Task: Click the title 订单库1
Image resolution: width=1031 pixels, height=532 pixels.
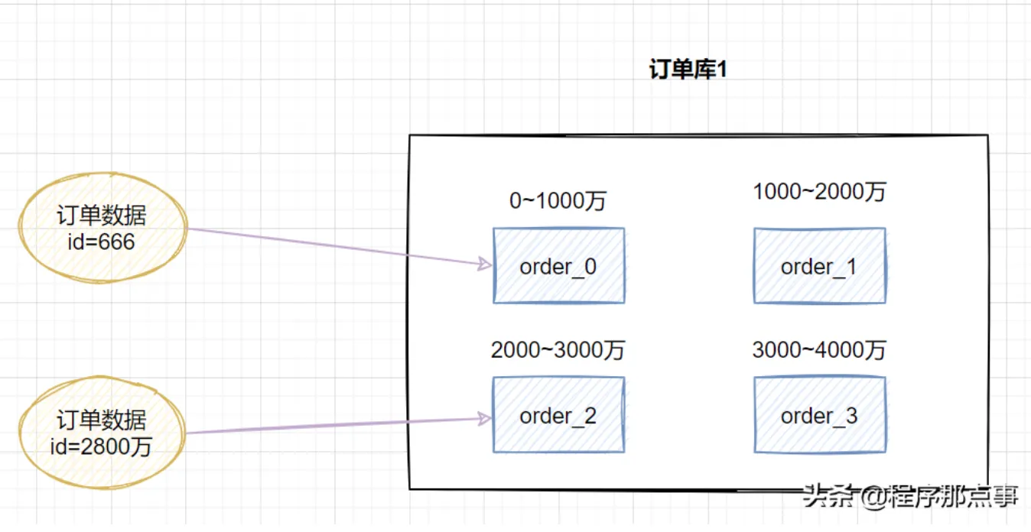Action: (688, 70)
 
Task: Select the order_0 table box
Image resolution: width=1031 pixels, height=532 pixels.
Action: (558, 266)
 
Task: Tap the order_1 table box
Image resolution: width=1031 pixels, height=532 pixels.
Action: (819, 266)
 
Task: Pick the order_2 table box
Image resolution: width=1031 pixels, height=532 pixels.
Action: (558, 415)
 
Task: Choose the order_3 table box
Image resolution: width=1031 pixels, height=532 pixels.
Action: (819, 415)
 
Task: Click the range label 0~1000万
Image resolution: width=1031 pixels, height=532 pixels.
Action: (558, 201)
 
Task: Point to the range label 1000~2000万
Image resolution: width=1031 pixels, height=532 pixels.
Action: (819, 192)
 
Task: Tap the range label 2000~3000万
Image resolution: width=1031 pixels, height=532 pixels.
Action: (558, 350)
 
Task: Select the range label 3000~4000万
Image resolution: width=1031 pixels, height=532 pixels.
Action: (819, 350)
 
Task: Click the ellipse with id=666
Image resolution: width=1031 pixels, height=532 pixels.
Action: (102, 228)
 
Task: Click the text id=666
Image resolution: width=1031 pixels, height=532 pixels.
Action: (102, 242)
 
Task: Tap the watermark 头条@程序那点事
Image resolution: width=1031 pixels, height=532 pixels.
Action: (909, 497)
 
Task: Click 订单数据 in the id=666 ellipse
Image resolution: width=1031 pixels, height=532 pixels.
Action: (102, 216)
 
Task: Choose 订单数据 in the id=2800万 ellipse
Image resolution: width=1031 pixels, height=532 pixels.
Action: (102, 420)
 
